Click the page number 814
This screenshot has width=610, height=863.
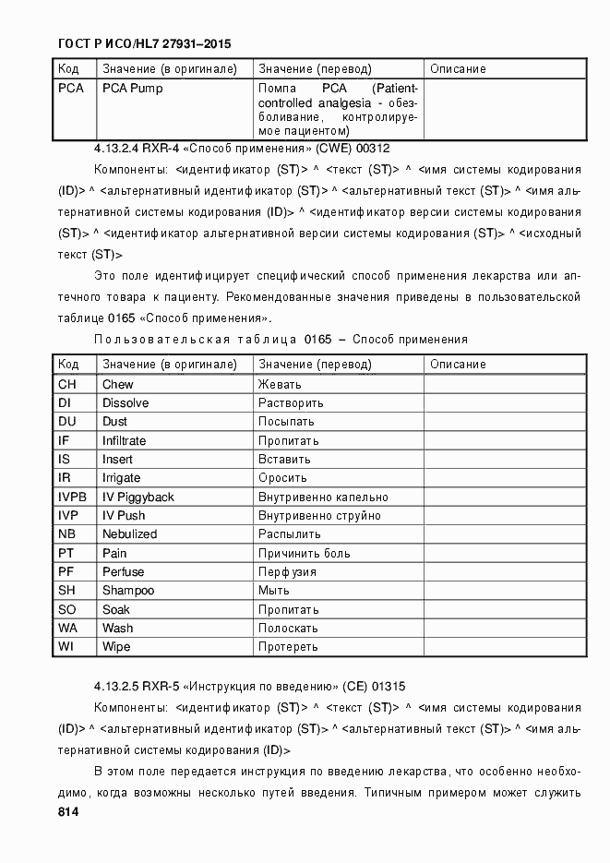pos(66,812)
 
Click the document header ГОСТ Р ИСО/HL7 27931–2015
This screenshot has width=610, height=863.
pos(144,43)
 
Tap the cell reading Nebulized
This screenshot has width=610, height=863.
pos(129,534)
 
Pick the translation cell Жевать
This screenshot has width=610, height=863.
pos(279,384)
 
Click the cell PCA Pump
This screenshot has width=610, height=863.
pos(132,89)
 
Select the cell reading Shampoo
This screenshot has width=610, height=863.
pos(128,591)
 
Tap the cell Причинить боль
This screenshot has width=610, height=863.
pos(304,553)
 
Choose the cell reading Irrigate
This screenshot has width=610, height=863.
pos(122,478)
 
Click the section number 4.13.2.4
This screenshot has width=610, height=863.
pos(115,148)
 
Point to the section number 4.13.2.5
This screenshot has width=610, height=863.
pos(115,687)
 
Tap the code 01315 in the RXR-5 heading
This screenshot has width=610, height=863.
pos(389,687)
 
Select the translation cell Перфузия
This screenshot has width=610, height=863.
pos(287,572)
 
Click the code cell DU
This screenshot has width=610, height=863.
pos(66,422)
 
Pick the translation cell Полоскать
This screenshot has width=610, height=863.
pos(288,629)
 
